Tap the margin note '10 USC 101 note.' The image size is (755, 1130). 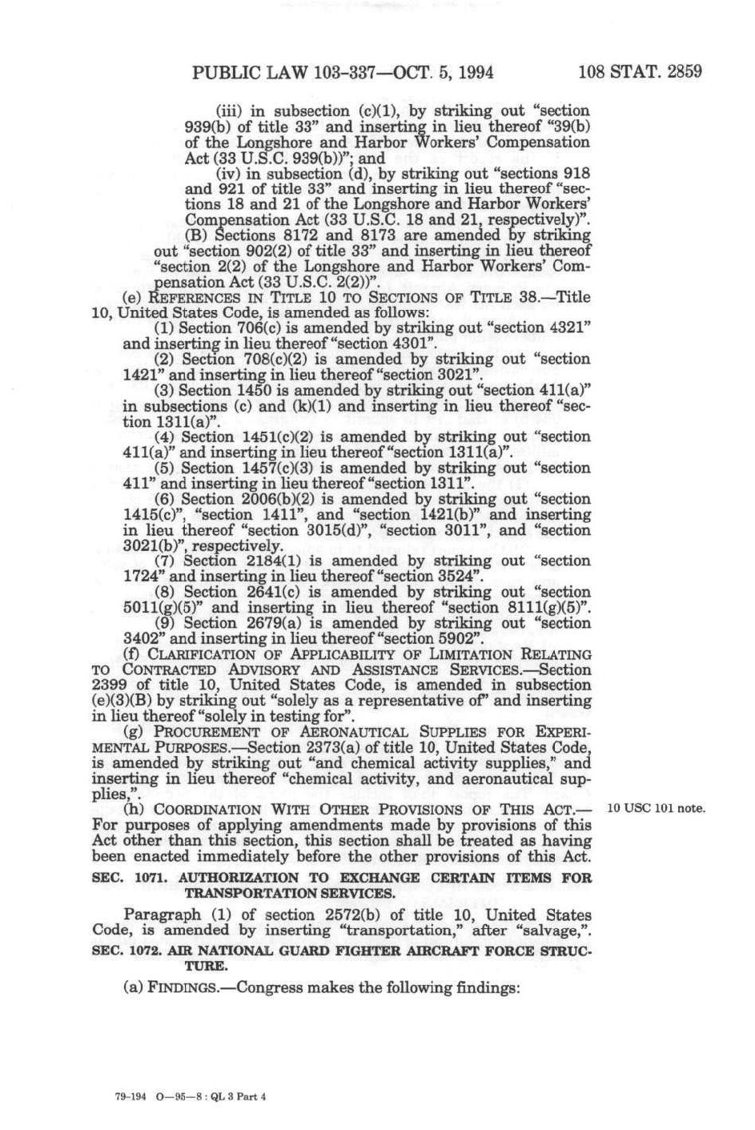coord(657,807)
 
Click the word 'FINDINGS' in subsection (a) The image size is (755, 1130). coord(183,988)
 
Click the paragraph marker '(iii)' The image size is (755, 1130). coord(231,111)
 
